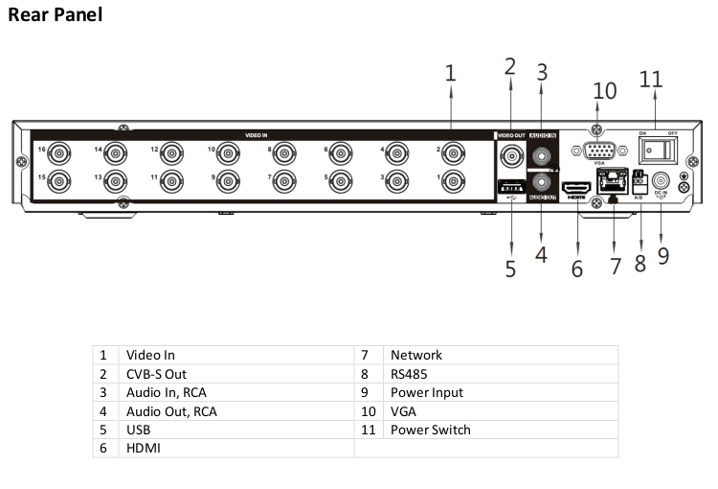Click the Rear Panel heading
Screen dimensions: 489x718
coord(55,15)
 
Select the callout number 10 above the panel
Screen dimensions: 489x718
coord(605,91)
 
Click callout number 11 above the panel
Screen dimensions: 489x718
coord(651,80)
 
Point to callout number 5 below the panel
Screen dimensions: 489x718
coord(510,269)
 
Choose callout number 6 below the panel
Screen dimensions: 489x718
coord(576,269)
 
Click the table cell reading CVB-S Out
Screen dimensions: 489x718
coord(156,374)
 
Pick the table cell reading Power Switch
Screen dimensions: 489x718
coord(430,430)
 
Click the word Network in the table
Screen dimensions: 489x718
coord(416,355)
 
